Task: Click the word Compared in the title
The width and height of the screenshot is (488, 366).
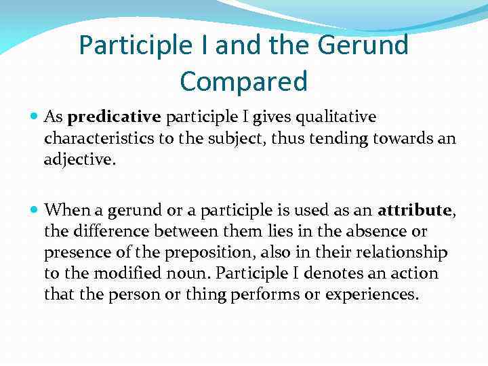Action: [x=243, y=81]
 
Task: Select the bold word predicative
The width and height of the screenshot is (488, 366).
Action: [x=115, y=117]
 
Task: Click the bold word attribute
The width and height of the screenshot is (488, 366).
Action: [x=414, y=210]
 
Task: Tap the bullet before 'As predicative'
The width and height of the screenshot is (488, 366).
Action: [x=34, y=117]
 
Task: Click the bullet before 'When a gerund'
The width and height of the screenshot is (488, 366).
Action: [x=34, y=210]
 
